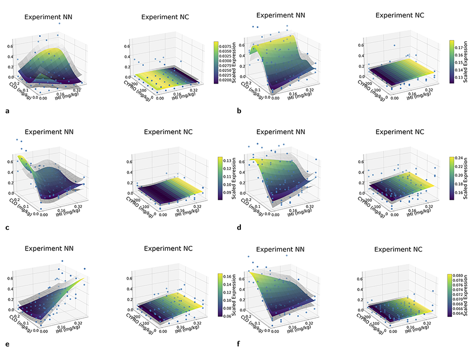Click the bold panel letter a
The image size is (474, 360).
pos(7,111)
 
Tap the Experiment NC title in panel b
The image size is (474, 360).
pos(399,16)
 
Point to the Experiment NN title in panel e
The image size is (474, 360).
pos(49,249)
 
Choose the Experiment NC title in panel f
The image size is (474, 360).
pos(399,249)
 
